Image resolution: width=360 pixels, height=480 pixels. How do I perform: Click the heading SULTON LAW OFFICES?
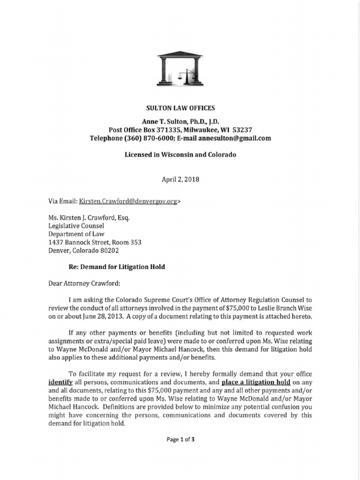tap(180, 108)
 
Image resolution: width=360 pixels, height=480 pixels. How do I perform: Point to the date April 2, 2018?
tap(180, 179)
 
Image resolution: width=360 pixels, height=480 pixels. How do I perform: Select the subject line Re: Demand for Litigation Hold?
tap(117, 267)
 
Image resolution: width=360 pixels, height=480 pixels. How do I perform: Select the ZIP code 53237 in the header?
tap(241, 130)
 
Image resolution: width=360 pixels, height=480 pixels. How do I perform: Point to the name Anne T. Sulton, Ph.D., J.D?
tap(180, 121)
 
